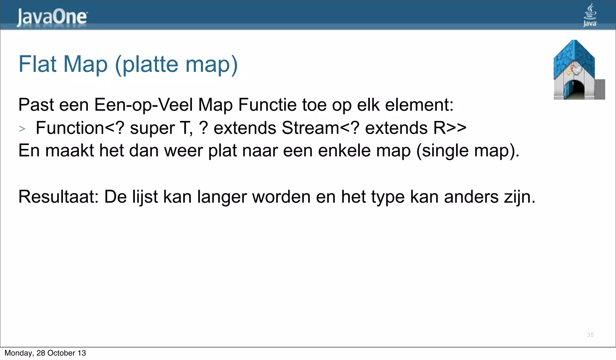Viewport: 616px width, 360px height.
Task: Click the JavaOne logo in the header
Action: coord(52,17)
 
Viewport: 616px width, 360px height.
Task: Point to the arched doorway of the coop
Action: coord(575,89)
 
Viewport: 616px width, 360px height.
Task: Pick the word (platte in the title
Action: coord(147,65)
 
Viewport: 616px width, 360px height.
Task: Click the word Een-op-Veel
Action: coord(143,105)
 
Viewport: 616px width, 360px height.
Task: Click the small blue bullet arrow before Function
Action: coord(22,129)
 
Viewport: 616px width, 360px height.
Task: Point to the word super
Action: coord(152,129)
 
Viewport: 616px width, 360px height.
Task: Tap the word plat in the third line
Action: coord(222,151)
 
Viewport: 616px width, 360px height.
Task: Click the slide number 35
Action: coord(590,335)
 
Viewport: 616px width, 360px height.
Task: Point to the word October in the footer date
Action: coord(61,353)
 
